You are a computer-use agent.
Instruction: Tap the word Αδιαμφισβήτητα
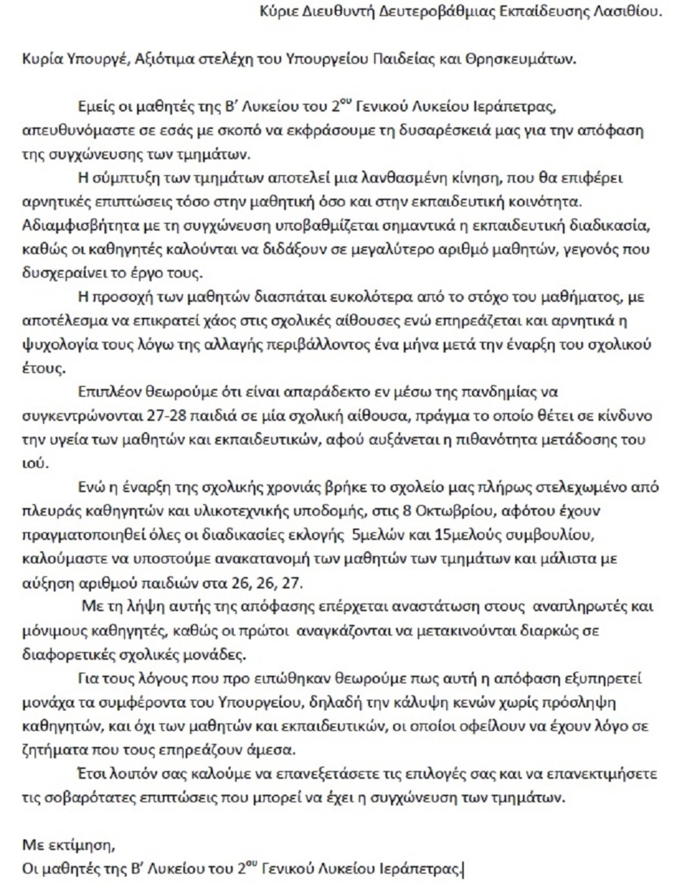[x=69, y=226]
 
